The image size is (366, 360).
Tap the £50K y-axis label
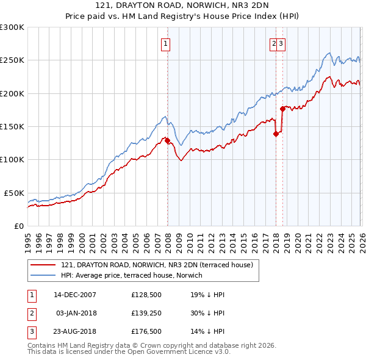point(15,193)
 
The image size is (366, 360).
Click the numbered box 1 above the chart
point(166,43)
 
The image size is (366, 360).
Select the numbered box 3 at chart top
point(282,43)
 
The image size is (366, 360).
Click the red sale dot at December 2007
point(167,141)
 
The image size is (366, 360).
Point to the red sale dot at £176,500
point(282,109)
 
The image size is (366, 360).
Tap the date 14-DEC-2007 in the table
point(75,295)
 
